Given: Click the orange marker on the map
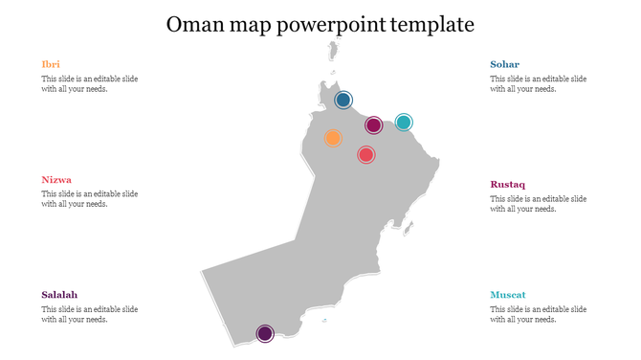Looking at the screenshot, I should coord(333,138).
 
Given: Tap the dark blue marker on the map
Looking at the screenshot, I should coord(343,100).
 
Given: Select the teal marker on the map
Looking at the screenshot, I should coord(404,123).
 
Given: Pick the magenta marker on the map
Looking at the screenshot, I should coord(374,125).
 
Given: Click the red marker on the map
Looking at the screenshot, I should coord(365,154).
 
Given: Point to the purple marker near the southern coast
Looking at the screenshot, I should coord(265,333).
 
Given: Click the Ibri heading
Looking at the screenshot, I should coord(51,64).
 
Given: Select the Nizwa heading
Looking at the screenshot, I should coord(56,179).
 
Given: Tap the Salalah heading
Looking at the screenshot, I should coord(59,295).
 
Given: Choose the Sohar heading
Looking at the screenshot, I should coord(505,64).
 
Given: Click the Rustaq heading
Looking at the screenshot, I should coord(508,185).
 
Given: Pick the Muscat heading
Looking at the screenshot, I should coord(508,295).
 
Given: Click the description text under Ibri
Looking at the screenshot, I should coord(89,84).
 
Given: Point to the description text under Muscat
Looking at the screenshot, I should coord(539,315).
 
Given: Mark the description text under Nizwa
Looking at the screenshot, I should coord(89,199).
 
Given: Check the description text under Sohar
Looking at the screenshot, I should coord(539,84).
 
